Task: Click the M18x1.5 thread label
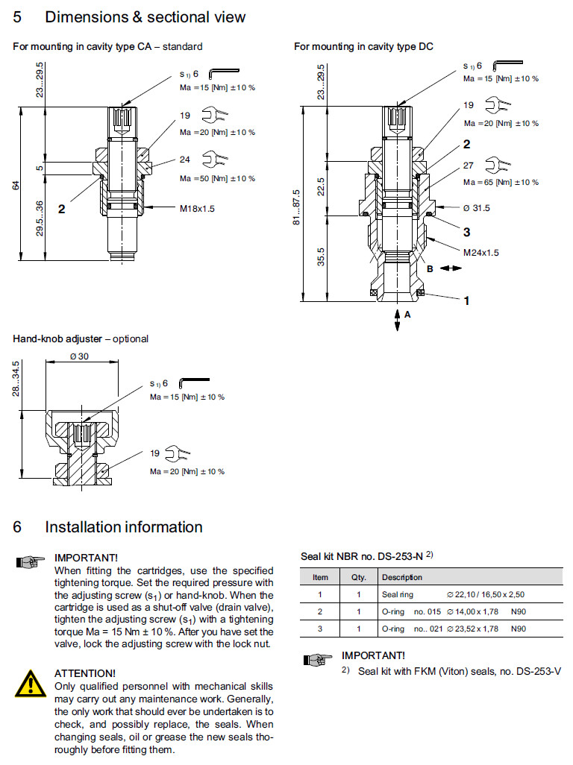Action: click(196, 209)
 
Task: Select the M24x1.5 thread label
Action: click(480, 253)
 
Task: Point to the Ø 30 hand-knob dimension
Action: click(79, 356)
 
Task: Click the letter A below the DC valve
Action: click(407, 315)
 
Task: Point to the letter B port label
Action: click(430, 268)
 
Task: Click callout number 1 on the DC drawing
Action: click(466, 301)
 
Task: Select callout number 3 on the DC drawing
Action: click(466, 232)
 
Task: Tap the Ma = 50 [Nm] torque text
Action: click(217, 178)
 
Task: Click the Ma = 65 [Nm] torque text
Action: click(501, 183)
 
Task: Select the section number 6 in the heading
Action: click(17, 527)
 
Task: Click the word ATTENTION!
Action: click(85, 673)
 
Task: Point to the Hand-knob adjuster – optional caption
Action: click(81, 339)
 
